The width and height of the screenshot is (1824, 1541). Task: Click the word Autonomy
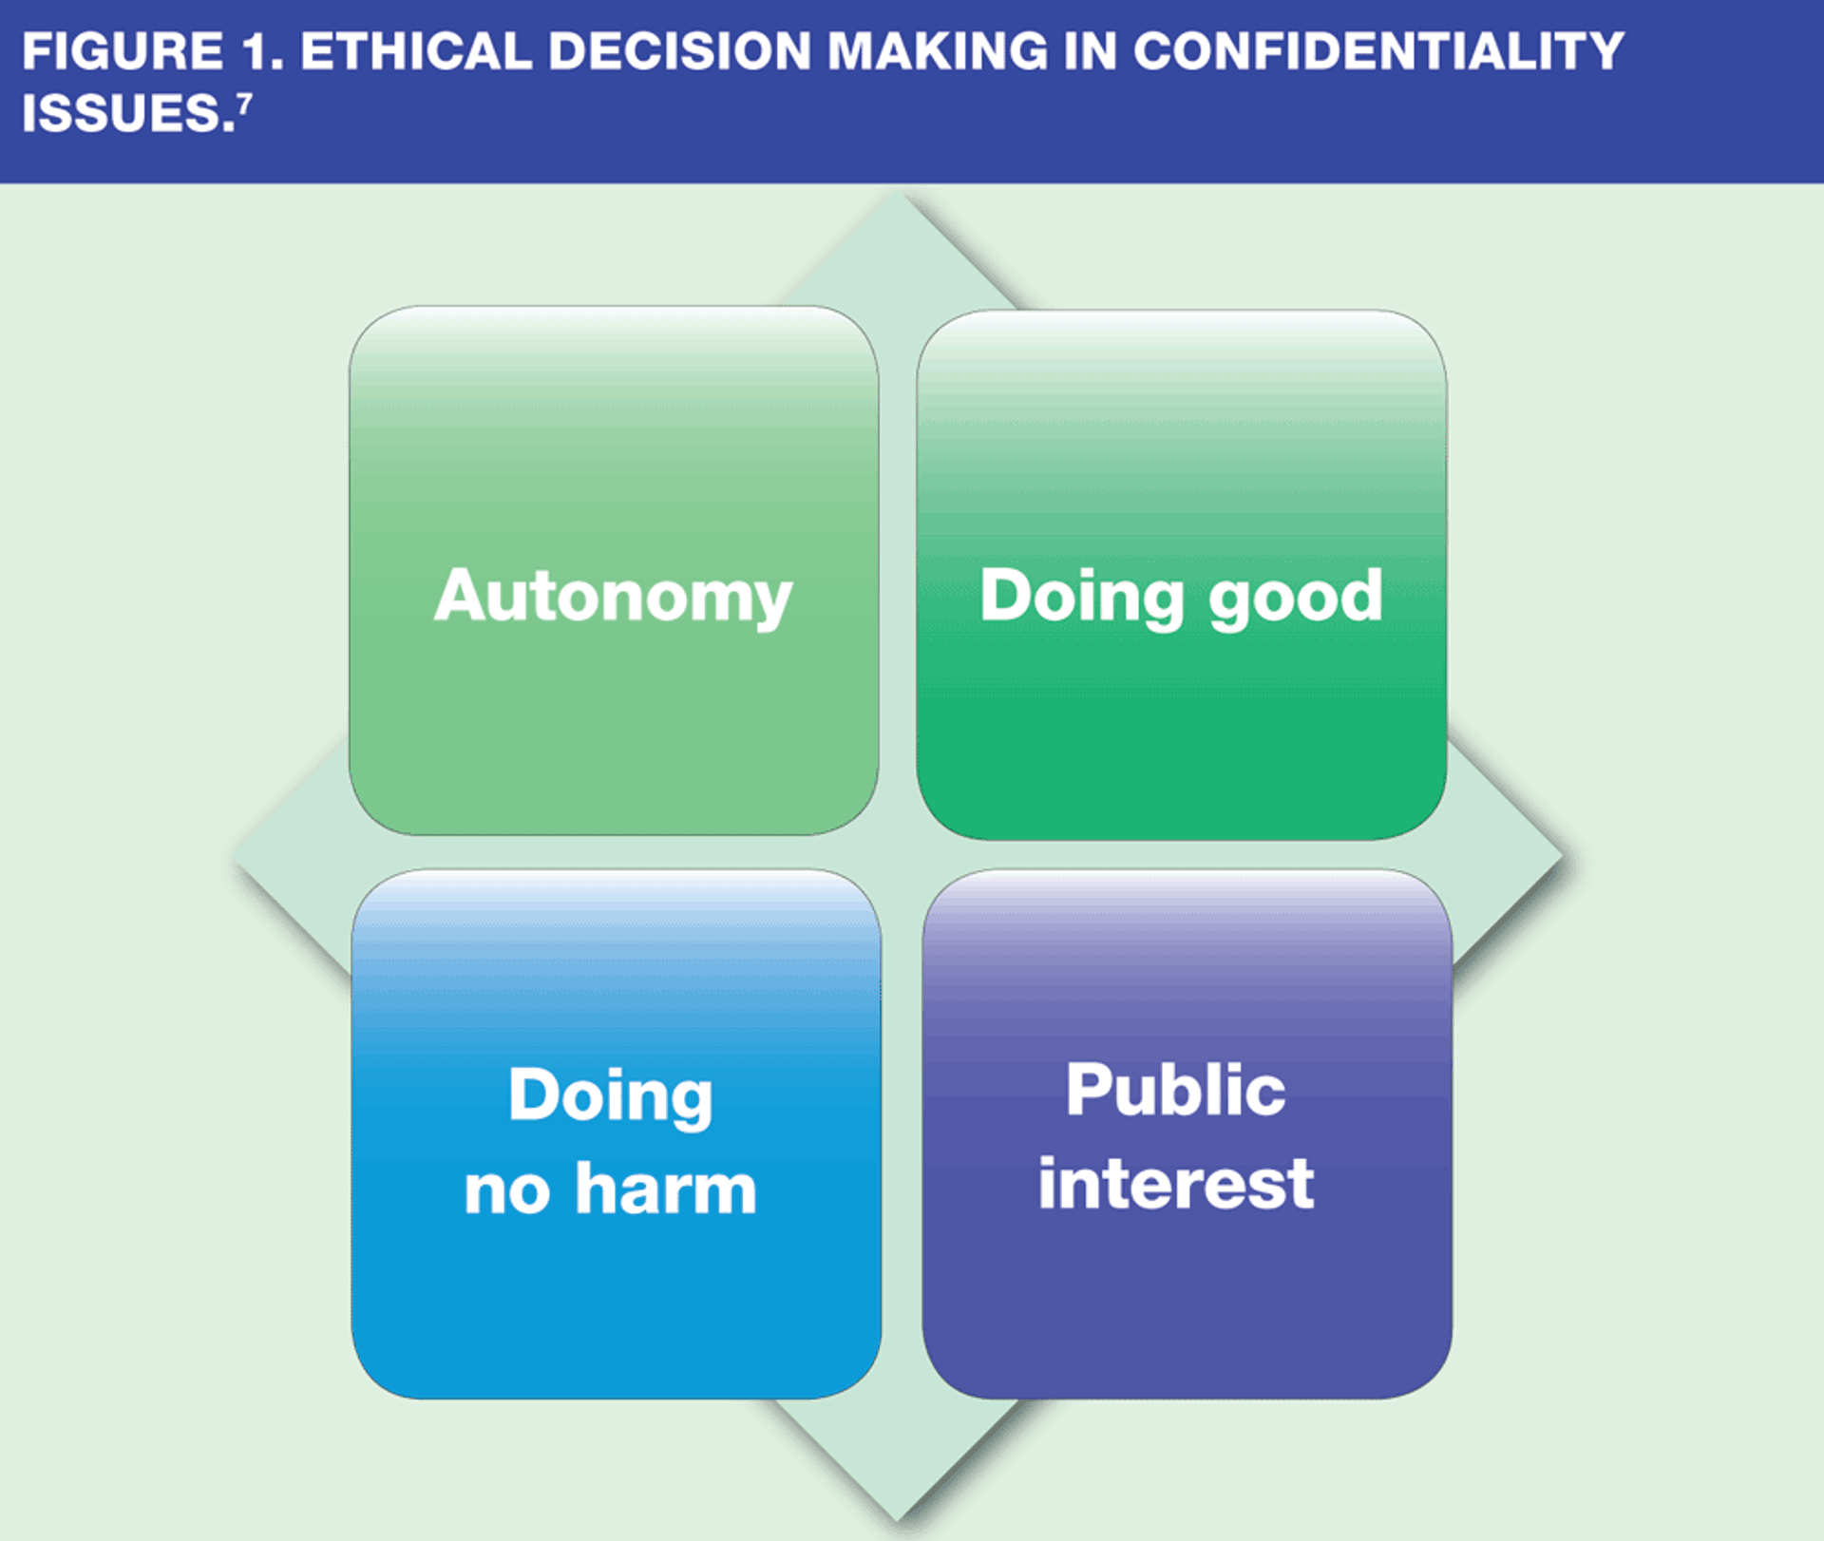tap(613, 597)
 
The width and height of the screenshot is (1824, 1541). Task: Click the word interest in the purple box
tap(1175, 1184)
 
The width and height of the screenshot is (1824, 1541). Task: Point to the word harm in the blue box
tap(665, 1189)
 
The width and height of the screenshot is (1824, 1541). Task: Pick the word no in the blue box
tap(506, 1190)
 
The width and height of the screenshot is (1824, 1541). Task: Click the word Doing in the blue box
tap(610, 1095)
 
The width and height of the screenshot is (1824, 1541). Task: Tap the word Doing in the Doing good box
tap(1081, 597)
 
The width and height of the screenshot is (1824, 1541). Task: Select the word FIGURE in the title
tap(123, 51)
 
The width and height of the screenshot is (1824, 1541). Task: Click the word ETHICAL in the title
tap(415, 51)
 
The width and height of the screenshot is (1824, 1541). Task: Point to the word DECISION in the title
tap(679, 51)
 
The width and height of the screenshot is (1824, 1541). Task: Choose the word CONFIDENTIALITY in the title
tap(1378, 51)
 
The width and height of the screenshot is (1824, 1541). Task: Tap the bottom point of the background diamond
tap(898, 1518)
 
